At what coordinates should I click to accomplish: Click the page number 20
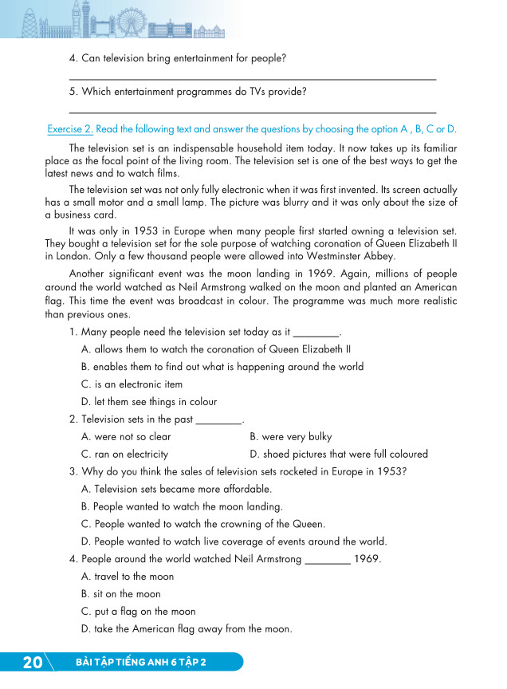[x=33, y=663]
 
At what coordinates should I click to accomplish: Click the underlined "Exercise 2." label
[x=70, y=128]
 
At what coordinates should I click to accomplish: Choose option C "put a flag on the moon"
[x=138, y=612]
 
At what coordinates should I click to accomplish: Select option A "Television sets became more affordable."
[x=176, y=489]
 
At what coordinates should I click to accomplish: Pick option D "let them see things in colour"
[x=148, y=402]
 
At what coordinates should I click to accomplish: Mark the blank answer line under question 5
[x=253, y=112]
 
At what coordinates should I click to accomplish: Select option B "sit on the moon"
[x=120, y=594]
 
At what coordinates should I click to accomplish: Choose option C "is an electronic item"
[x=132, y=384]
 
